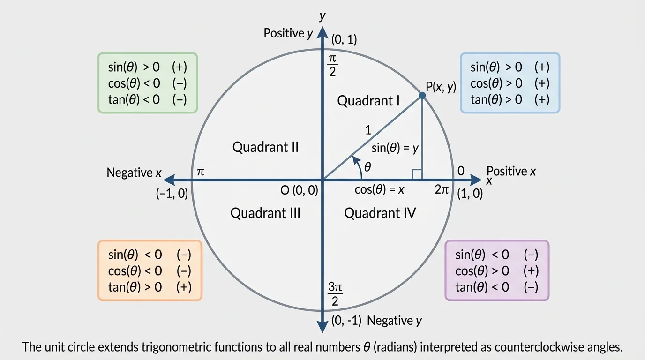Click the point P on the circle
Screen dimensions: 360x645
(x=422, y=95)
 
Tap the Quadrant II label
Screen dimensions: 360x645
(x=265, y=147)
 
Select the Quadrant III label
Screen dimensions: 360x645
(x=265, y=213)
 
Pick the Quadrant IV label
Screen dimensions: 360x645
(x=380, y=213)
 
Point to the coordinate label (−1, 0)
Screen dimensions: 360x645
(x=172, y=194)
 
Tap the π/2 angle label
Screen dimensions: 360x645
(x=332, y=65)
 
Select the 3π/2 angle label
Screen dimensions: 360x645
(x=334, y=294)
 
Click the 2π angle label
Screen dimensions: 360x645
(x=442, y=190)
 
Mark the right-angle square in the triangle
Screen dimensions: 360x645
(x=416, y=174)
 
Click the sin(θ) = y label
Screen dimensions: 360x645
(x=395, y=149)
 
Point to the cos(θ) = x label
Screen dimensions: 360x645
(x=379, y=190)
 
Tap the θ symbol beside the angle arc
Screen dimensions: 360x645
(x=367, y=166)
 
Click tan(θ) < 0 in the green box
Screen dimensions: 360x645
(x=134, y=99)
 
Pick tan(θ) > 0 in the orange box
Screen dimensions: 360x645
(x=135, y=287)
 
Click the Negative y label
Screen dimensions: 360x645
(x=395, y=321)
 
